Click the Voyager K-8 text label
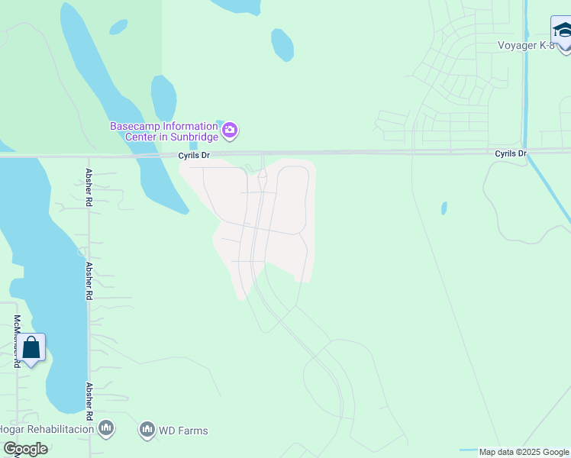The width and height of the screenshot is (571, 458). (525, 45)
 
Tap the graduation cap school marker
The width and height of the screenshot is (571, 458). (562, 32)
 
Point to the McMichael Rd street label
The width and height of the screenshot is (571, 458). (16, 341)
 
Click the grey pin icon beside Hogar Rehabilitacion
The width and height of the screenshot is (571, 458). (106, 429)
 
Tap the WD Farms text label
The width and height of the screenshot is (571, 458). (182, 431)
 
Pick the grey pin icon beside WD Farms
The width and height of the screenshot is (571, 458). (147, 431)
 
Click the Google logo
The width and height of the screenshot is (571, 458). (24, 449)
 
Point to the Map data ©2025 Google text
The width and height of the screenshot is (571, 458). (524, 452)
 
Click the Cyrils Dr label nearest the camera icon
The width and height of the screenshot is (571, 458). (193, 155)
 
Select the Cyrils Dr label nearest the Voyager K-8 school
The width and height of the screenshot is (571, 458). (510, 153)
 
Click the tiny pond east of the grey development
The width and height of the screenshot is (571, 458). (444, 208)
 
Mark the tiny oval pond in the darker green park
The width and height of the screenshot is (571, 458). (118, 27)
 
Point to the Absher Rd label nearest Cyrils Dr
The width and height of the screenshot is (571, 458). (89, 188)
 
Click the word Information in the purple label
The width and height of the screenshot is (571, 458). (189, 126)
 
